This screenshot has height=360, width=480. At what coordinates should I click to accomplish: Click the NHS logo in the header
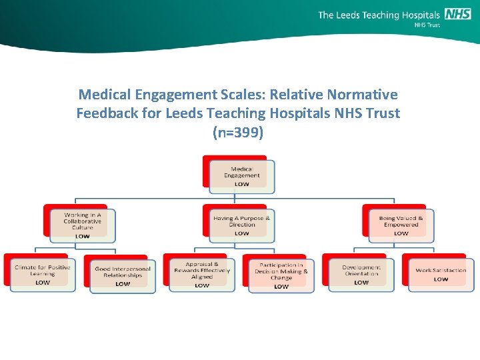(457, 14)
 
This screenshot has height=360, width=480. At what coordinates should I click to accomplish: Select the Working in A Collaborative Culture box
(83, 225)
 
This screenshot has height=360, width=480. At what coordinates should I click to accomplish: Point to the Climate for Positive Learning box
(43, 274)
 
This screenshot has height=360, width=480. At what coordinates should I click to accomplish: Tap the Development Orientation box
(361, 274)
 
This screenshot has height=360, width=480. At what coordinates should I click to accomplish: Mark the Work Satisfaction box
(441, 274)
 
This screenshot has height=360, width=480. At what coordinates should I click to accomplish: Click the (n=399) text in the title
(238, 132)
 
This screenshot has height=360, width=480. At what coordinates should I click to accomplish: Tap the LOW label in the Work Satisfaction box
(441, 279)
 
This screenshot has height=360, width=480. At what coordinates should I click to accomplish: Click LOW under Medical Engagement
(241, 184)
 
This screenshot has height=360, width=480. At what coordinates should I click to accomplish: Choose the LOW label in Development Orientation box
(361, 283)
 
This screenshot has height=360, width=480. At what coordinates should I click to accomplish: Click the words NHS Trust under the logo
(427, 25)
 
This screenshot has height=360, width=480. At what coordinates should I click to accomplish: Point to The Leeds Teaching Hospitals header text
(379, 15)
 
